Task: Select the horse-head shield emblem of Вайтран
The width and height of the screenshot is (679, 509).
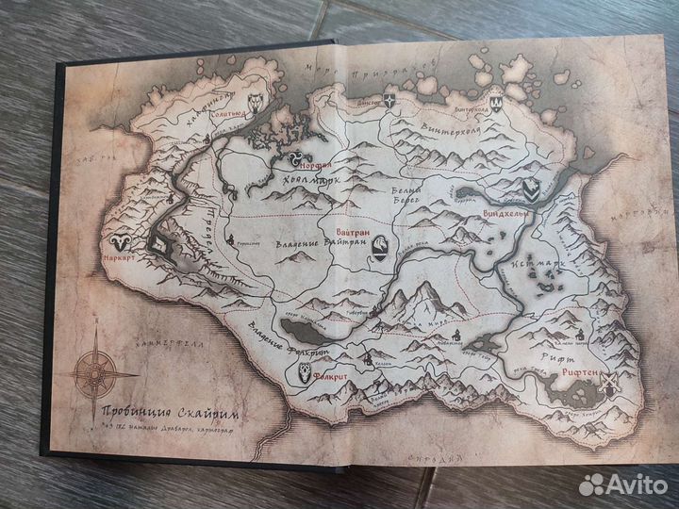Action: coord(380,245)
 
